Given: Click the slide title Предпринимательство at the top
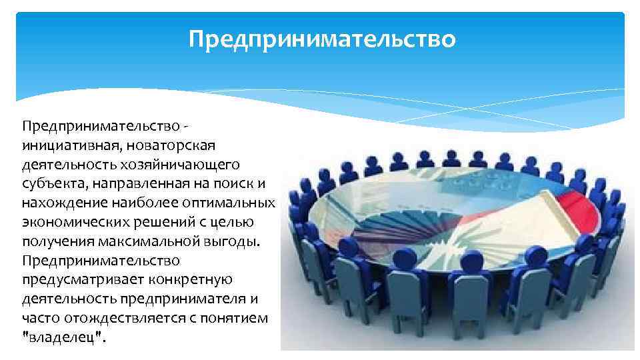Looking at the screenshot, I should [322, 39].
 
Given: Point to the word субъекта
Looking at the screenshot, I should [47, 183].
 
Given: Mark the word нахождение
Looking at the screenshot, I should [55, 202].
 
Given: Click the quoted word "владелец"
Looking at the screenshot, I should [63, 337].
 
